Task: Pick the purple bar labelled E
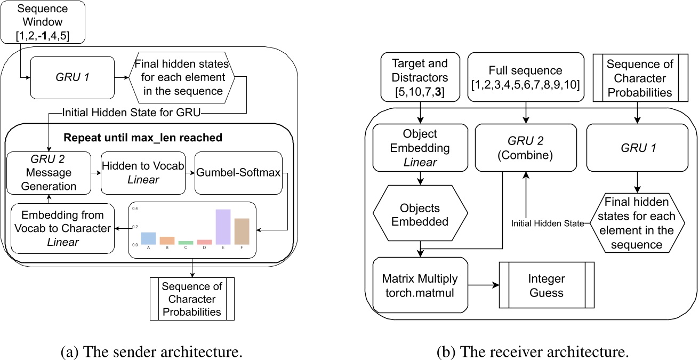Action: click(x=222, y=227)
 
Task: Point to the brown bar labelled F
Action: click(x=242, y=231)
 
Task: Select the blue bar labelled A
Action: click(x=148, y=238)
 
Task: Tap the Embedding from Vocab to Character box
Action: click(x=63, y=228)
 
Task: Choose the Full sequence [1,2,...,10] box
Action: click(x=525, y=76)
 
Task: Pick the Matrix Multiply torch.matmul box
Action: click(x=420, y=285)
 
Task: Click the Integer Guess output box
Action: click(x=547, y=285)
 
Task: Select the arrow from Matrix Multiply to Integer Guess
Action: click(x=482, y=285)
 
